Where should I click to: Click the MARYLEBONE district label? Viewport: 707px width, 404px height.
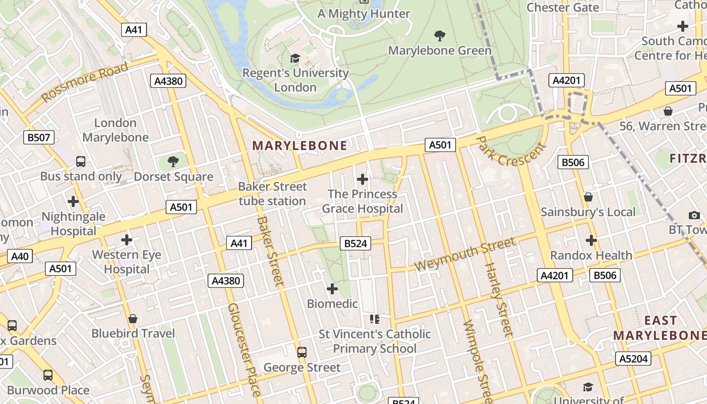299,146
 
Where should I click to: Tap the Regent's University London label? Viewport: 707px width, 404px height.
295,80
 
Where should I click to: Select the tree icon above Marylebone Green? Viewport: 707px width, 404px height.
440,36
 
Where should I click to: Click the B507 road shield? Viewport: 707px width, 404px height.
39,137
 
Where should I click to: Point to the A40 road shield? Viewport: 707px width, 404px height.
20,256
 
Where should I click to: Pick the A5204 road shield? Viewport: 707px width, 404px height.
633,359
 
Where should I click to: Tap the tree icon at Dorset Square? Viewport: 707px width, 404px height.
173,162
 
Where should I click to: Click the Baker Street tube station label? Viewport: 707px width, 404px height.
272,193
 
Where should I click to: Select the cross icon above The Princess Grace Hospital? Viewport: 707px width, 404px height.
362,179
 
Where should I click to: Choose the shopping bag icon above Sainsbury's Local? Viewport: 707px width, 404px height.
588,197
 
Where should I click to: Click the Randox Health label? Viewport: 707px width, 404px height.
591,255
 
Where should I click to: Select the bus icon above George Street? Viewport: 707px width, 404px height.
302,352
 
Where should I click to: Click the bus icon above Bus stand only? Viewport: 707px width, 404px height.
81,162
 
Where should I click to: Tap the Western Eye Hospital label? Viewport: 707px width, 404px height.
127,262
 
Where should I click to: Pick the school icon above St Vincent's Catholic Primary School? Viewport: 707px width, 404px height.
374,319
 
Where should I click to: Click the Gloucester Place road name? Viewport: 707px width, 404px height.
244,348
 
